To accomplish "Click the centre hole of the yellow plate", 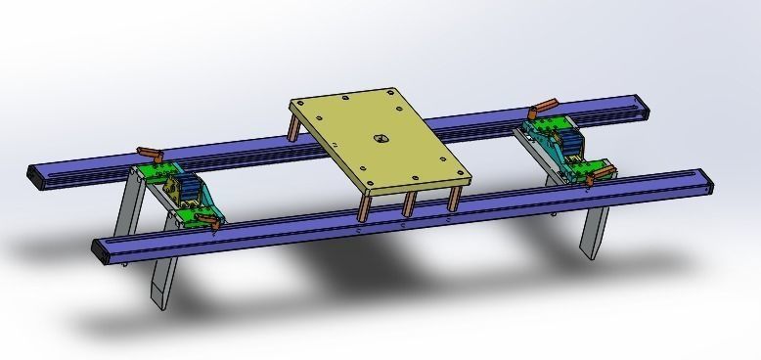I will pos(378,138).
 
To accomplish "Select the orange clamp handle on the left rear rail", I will pos(150,153).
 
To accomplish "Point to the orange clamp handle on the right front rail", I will pos(604,174).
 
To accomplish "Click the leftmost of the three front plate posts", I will pos(364,206).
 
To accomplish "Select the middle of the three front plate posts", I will pos(407,203).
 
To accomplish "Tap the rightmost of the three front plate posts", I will pos(452,199).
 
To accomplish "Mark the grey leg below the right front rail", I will pos(593,230).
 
